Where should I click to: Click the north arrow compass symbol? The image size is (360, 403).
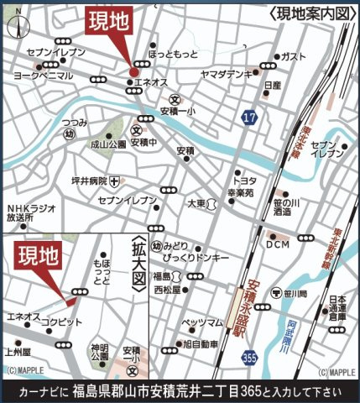point(13,28)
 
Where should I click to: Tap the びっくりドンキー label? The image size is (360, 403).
point(197,257)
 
